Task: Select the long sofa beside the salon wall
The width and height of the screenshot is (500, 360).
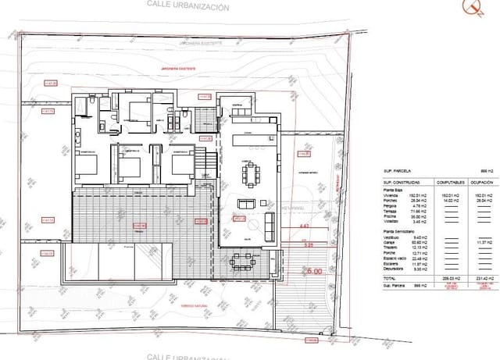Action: (x=271, y=226)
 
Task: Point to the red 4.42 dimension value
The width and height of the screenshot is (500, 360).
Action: (x=305, y=226)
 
